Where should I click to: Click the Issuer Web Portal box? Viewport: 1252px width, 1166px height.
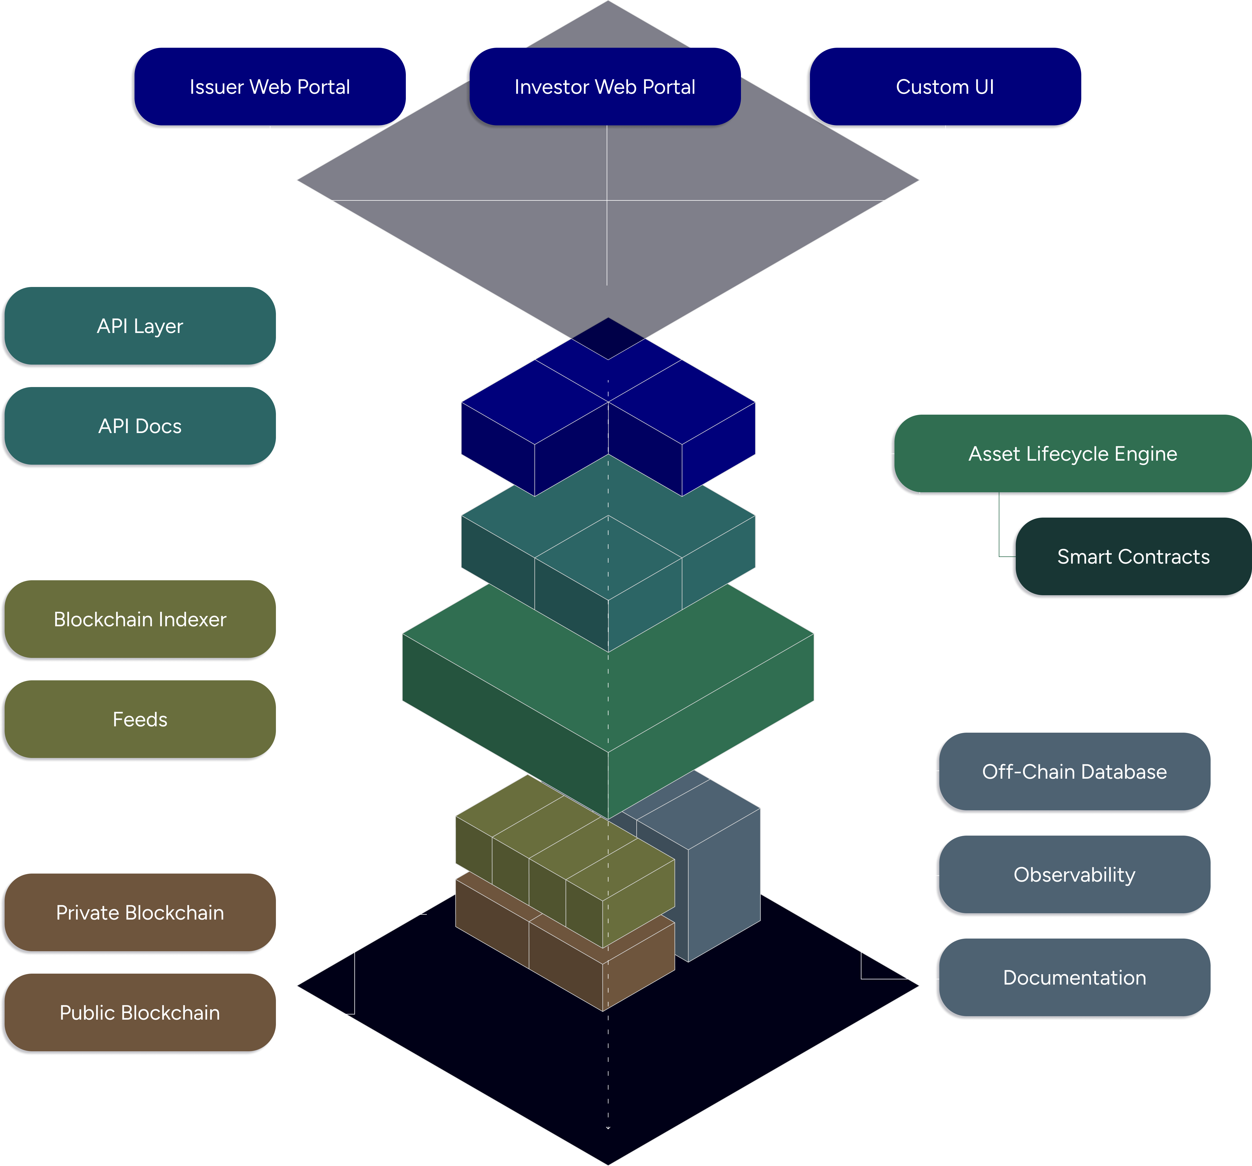click(270, 87)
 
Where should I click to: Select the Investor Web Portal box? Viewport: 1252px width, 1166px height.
click(605, 87)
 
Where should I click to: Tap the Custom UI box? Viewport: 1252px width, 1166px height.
click(945, 87)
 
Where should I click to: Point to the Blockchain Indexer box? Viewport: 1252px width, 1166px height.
click(140, 619)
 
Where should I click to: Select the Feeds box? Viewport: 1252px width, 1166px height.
click(140, 719)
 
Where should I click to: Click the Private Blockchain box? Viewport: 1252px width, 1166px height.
click(140, 913)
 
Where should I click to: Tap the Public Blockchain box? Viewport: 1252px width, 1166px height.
click(140, 1013)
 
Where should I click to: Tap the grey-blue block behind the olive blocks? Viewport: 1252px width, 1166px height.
click(724, 882)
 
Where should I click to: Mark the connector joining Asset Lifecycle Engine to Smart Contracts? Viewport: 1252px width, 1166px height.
click(999, 529)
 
